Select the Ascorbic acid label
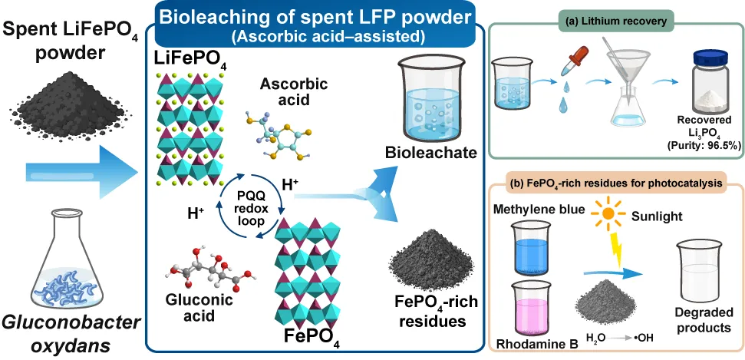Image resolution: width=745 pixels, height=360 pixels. tap(294, 92)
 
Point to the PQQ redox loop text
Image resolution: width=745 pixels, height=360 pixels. tap(250, 209)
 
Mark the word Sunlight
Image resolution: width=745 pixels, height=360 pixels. tap(657, 217)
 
